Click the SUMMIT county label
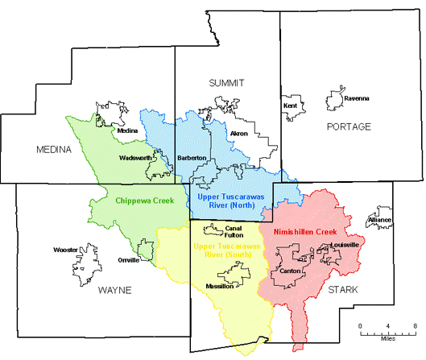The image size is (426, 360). click(225, 83)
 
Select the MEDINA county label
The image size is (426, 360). click(54, 150)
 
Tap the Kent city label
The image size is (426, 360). click(290, 106)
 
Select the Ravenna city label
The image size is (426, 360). click(356, 98)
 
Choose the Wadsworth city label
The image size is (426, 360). click(134, 158)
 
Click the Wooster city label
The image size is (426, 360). click(64, 250)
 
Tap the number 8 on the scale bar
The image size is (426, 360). click(415, 325)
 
